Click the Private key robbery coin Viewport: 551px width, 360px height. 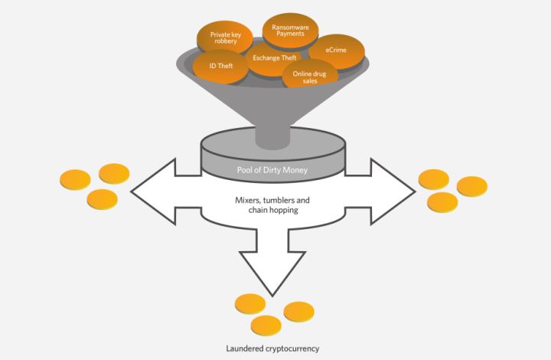pyautogui.click(x=225, y=38)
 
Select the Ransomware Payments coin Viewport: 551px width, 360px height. pyautogui.click(x=291, y=31)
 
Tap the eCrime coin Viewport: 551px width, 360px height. pyautogui.click(x=336, y=51)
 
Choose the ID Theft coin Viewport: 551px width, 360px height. pyautogui.click(x=220, y=67)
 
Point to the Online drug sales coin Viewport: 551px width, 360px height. pyautogui.click(x=310, y=74)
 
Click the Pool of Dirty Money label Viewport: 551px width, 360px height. pyautogui.click(x=272, y=170)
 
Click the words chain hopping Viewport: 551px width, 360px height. pyautogui.click(x=273, y=210)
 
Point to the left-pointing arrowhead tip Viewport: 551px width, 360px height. pyautogui.click(x=131, y=191)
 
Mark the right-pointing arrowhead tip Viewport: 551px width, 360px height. pyautogui.click(x=416, y=191)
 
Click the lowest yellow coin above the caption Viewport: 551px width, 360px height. pyautogui.click(x=266, y=326)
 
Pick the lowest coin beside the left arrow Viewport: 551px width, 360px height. pyautogui.click(x=103, y=200)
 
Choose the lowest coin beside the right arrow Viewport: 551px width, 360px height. pyautogui.click(x=442, y=202)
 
